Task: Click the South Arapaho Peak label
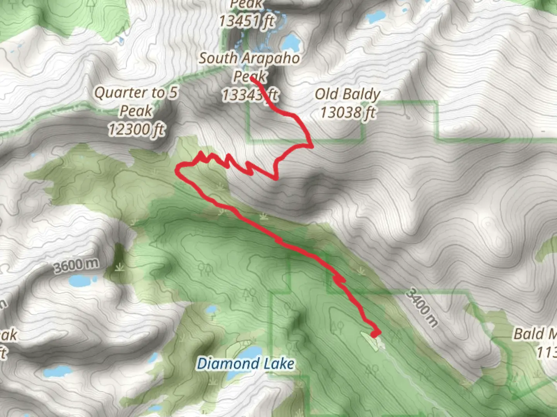(x=249, y=66)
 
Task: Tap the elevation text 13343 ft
(x=249, y=95)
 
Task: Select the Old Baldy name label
(x=347, y=94)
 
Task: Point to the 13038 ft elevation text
(x=347, y=112)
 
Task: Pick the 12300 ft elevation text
(x=136, y=129)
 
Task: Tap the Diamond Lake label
(x=245, y=364)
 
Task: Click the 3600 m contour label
(x=76, y=265)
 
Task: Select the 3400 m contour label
(x=422, y=307)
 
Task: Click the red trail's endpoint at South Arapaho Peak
(x=252, y=78)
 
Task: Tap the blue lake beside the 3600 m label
(x=82, y=280)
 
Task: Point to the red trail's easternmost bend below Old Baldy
(x=311, y=146)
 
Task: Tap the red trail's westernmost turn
(x=178, y=170)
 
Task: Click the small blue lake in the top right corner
(x=376, y=16)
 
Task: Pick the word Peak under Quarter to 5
(x=136, y=111)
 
